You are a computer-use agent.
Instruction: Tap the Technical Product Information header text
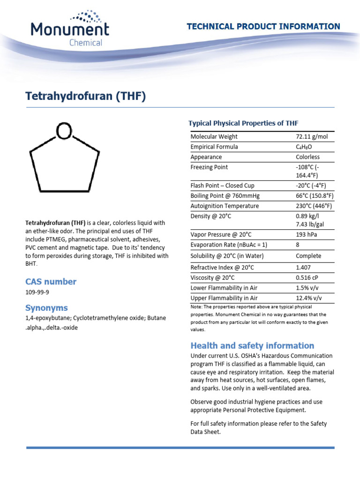click(x=263, y=27)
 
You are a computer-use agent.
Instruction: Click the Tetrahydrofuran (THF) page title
click(x=85, y=97)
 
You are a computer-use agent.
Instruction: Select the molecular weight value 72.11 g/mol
click(x=312, y=136)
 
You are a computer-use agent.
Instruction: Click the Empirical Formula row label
click(x=214, y=147)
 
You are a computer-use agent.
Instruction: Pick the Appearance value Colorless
click(x=307, y=157)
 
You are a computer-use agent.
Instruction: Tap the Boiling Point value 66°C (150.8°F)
click(x=314, y=196)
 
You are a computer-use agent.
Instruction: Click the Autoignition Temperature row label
click(x=225, y=206)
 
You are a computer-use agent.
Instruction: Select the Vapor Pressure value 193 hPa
click(x=307, y=234)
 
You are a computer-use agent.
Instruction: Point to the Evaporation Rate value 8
click(x=298, y=245)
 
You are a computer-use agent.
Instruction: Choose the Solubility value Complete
click(x=308, y=256)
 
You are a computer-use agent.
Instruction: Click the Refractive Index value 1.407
click(x=304, y=267)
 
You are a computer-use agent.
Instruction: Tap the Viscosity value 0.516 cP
click(x=307, y=277)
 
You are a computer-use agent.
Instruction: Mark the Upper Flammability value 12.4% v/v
click(x=309, y=298)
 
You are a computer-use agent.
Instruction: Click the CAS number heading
click(x=51, y=282)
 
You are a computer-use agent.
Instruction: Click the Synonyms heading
click(x=46, y=308)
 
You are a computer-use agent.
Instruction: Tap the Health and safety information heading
click(x=252, y=345)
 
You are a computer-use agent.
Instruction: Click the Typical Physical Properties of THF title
click(x=243, y=123)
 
